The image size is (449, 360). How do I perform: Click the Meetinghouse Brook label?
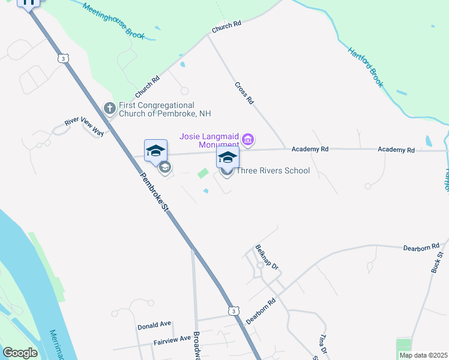114,22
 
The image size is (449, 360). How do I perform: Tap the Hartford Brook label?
365,67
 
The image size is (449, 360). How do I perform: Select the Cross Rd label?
244,93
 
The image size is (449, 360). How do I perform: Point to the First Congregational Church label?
164,109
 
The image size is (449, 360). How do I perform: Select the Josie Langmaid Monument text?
209,140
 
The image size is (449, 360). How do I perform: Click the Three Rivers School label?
273,171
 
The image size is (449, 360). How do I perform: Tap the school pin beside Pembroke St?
155,151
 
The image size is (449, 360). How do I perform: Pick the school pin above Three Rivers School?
228,158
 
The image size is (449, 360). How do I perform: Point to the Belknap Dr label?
267,257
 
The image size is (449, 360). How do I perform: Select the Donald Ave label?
155,325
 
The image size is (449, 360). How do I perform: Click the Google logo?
20,353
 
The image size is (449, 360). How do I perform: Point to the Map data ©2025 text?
423,355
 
